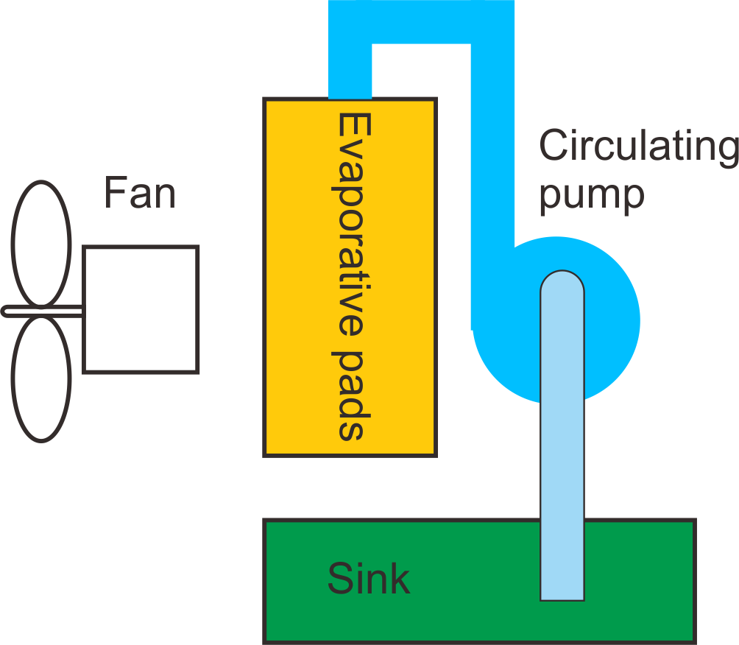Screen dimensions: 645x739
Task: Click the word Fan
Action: coord(139,193)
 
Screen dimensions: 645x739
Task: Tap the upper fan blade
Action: coord(41,244)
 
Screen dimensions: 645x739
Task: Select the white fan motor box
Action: coord(140,309)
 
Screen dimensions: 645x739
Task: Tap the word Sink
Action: coord(368,579)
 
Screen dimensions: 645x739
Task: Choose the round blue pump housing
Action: coord(611,324)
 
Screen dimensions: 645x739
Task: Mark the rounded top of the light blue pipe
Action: coord(562,281)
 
